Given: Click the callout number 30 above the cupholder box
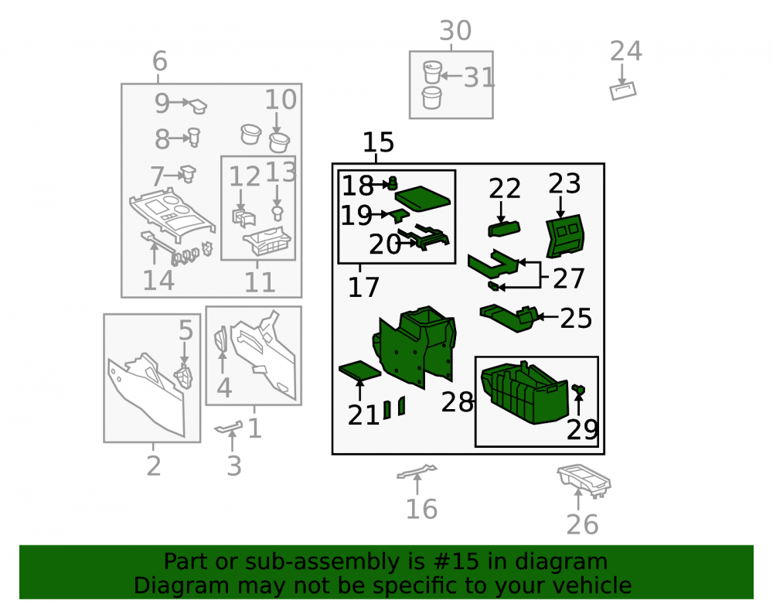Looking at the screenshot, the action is coord(455,31).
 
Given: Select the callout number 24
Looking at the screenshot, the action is coord(625,51).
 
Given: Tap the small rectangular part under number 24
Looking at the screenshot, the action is coord(623,90).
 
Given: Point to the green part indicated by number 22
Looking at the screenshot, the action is coord(504,229).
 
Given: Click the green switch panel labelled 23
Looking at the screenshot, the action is coord(565,236).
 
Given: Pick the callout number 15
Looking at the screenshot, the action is coord(378,142).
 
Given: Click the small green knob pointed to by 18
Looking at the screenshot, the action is coord(393,183).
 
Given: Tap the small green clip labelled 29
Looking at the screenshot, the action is coord(579,391).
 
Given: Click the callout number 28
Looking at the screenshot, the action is coord(457,402).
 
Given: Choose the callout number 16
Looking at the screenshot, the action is coord(421,509).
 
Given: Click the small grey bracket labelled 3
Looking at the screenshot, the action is coord(229,427).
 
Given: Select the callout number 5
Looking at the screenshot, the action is coord(186,330).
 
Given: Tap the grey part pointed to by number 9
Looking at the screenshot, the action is coord(199,106).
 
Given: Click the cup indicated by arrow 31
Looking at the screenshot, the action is coord(432,73).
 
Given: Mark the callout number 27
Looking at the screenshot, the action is coord(568,278).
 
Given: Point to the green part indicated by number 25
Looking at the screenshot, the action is coord(509,318).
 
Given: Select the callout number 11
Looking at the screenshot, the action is coord(260,282).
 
